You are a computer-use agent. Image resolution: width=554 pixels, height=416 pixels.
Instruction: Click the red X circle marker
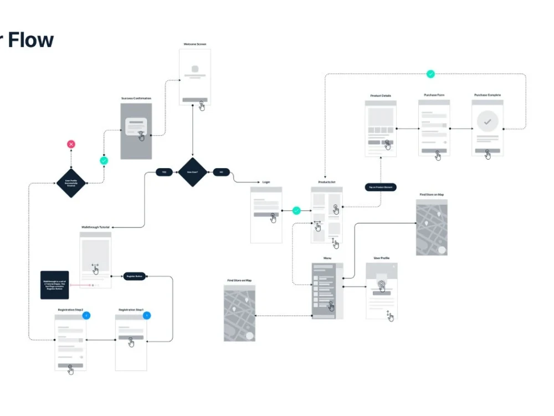[x=71, y=144]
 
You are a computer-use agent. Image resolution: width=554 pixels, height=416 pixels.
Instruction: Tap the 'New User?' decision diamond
[x=192, y=172]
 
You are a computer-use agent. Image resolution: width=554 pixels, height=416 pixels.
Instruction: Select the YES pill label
[x=165, y=172]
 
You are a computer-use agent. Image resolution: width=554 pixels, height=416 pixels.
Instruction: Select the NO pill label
[x=221, y=172]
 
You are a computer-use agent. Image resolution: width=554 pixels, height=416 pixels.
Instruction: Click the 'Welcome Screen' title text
[x=195, y=44]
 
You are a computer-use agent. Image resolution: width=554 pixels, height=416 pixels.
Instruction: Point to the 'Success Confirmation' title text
[x=136, y=99]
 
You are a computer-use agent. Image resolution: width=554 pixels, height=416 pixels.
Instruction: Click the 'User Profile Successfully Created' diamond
[x=71, y=182]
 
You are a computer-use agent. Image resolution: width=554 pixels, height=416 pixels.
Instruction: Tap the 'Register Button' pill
[x=134, y=276]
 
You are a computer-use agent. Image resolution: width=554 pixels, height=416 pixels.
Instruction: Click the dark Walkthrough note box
[x=54, y=285]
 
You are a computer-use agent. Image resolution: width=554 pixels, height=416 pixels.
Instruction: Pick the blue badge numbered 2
[x=86, y=316]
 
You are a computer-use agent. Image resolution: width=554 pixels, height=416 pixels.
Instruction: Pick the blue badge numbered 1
[x=146, y=316]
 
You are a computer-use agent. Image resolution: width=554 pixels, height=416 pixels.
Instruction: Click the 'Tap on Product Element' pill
[x=381, y=187]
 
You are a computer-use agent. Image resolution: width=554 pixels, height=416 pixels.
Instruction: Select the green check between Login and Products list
[x=296, y=211]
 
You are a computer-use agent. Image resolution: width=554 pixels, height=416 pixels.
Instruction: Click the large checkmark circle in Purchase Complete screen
[x=488, y=121]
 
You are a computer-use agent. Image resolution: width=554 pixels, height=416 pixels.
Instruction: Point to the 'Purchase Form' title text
[x=434, y=95]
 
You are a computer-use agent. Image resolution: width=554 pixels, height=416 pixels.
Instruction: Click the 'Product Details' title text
[x=381, y=96]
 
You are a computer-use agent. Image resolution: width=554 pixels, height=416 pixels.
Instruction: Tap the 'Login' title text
[x=266, y=182]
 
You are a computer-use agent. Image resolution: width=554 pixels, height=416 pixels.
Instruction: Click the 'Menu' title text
[x=327, y=258]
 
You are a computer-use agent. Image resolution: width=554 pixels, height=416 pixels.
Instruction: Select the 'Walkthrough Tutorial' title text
[x=95, y=227]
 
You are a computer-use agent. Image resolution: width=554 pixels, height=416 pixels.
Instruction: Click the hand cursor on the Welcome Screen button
[x=202, y=106]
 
